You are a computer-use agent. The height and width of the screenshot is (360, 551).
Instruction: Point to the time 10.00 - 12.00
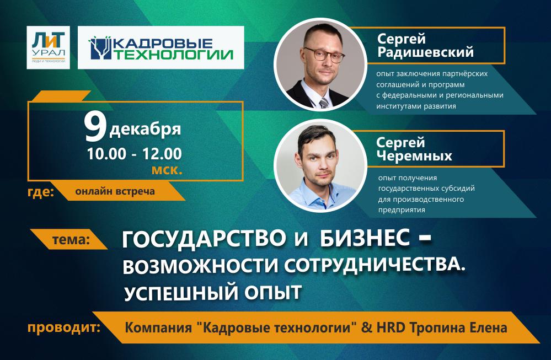coord(134,153)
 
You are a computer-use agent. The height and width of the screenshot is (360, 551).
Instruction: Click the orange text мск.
coord(167,170)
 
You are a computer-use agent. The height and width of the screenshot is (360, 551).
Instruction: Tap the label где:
coord(40,192)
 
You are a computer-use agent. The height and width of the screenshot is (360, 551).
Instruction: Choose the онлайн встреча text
coord(115,192)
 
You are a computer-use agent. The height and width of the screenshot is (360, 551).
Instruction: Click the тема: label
coord(70,240)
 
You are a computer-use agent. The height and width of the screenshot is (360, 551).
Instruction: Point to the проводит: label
coord(64,329)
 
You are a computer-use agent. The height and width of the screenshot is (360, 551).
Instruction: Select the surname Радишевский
coord(425,52)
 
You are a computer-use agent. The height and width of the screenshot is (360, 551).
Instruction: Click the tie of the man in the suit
coord(323,100)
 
